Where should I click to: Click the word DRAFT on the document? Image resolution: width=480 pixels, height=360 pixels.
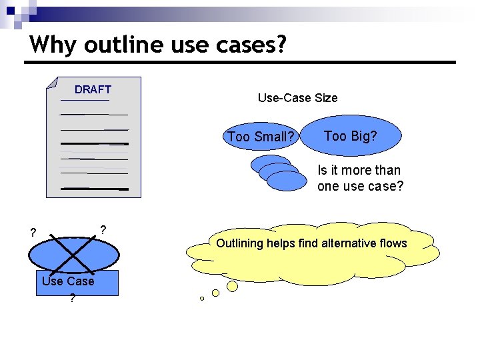(x=93, y=89)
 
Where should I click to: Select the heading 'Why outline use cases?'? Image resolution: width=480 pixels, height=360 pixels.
(x=158, y=44)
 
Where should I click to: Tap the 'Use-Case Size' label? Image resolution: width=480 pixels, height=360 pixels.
(x=297, y=98)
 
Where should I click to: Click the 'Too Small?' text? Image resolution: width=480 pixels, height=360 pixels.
(x=261, y=137)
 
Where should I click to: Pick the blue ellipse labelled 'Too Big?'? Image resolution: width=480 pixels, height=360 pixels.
(x=351, y=136)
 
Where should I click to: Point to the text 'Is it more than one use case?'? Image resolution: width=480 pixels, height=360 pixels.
(x=360, y=178)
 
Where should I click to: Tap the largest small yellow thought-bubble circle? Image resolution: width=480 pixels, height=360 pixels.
(x=232, y=286)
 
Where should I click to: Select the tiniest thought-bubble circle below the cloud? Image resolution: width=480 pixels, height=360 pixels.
(x=202, y=299)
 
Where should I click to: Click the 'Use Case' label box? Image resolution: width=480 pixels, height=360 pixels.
(x=79, y=282)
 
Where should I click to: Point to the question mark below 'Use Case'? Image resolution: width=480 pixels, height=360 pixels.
(x=72, y=299)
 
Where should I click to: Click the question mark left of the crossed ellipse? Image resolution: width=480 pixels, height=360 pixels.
(x=32, y=233)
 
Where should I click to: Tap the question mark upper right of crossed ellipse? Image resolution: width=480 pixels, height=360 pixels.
(x=103, y=230)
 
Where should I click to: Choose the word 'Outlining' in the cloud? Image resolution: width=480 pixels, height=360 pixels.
(x=239, y=243)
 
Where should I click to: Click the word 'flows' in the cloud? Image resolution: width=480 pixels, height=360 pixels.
(x=392, y=243)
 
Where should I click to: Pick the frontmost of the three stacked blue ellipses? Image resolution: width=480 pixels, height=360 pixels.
(x=287, y=181)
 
